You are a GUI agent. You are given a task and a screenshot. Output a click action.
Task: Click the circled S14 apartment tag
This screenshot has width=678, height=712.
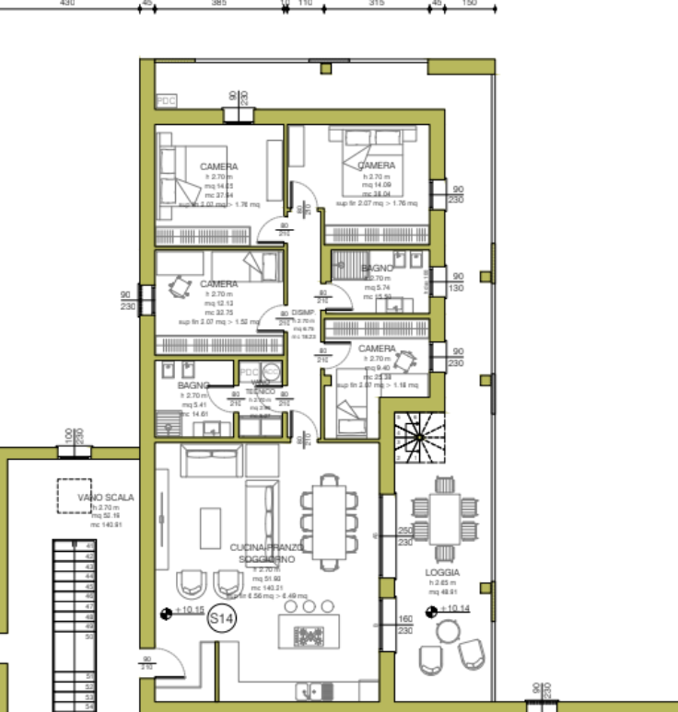pos(222,620)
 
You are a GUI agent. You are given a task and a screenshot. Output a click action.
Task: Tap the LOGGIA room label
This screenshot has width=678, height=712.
pos(443,572)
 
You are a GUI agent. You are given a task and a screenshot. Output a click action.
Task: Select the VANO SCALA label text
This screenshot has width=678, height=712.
pos(106,498)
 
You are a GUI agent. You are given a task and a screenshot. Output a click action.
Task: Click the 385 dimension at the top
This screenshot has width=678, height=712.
pos(218,4)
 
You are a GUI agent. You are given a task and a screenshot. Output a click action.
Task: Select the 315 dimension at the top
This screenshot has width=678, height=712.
pos(376,4)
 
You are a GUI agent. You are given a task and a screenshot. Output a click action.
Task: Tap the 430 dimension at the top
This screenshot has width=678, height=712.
pos(66,4)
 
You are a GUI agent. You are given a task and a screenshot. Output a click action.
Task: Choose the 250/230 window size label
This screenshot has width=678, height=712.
pos(404,537)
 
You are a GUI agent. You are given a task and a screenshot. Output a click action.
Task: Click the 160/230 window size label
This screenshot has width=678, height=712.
pos(404,626)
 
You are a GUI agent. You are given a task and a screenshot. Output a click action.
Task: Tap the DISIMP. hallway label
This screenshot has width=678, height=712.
pos(303,314)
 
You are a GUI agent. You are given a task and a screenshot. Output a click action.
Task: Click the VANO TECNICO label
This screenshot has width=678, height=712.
pos(262,387)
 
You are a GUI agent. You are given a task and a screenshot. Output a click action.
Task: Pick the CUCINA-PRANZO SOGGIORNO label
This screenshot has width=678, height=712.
pos(266,553)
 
